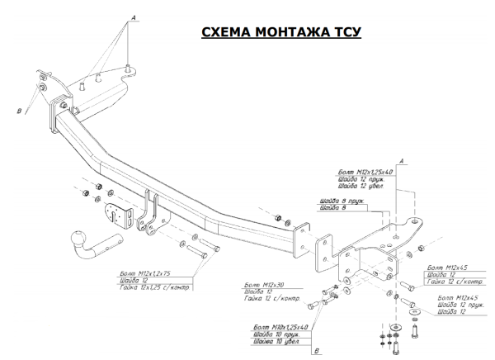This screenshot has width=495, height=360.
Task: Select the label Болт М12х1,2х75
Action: (x=145, y=272)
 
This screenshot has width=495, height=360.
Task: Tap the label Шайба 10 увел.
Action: (x=276, y=342)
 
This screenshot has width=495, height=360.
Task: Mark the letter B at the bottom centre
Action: (x=316, y=352)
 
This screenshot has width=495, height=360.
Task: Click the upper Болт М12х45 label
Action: (x=445, y=268)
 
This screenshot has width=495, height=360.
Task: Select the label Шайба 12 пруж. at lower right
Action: (x=458, y=304)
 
